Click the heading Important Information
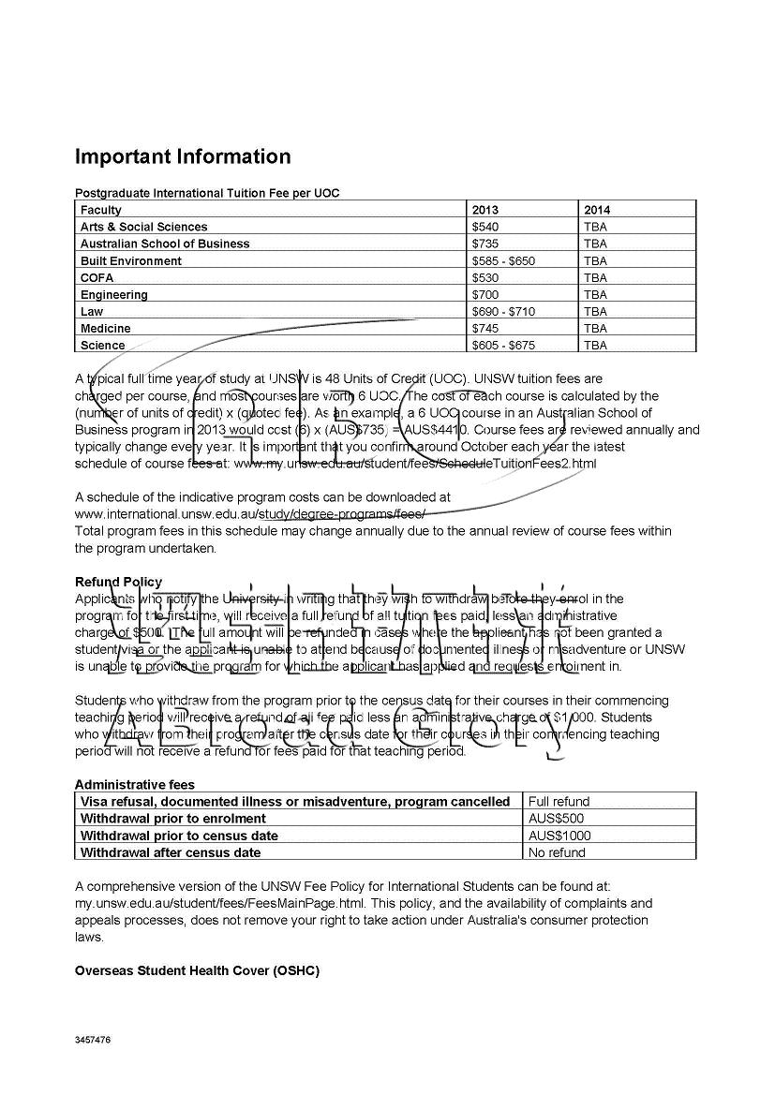coord(183,156)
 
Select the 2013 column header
coord(485,210)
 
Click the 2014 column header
coord(596,210)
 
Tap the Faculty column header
coord(101,210)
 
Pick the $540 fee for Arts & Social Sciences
coord(485,227)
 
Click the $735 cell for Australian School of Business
coord(485,244)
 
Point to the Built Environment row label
coord(131,260)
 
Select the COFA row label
coord(97,277)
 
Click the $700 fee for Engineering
coord(485,294)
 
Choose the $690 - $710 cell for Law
coord(503,311)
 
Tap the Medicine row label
coord(106,328)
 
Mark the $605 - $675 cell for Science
coord(503,345)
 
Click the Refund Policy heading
coord(118,582)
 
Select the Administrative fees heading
coord(135,784)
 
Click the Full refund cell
coord(559,801)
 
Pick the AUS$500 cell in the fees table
coord(557,818)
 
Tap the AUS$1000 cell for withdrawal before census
coord(559,836)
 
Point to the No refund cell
coord(557,852)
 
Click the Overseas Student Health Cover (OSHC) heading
coord(197,970)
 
